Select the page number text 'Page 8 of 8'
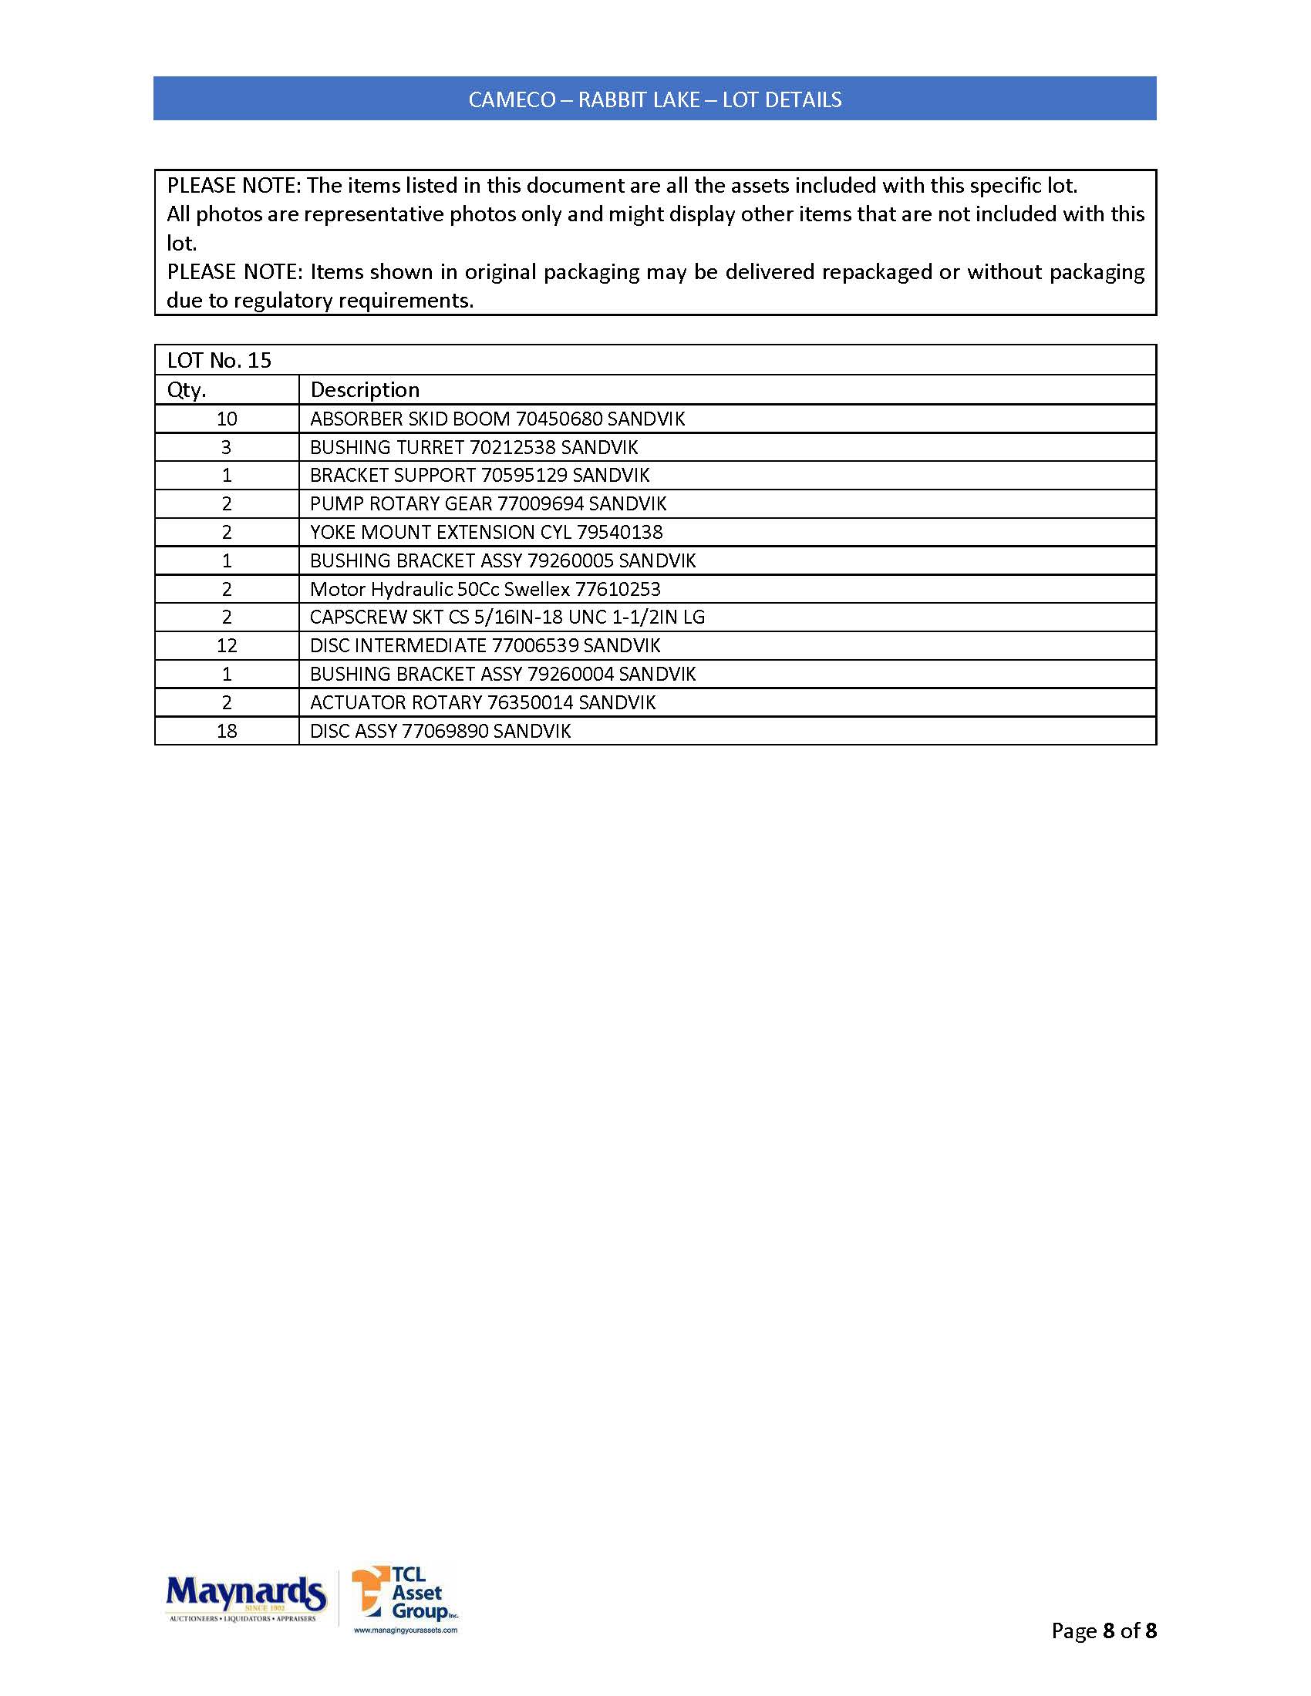click(1103, 1630)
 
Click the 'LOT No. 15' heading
click(219, 360)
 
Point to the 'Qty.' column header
click(187, 390)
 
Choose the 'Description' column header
click(364, 390)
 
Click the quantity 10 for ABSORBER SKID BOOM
click(227, 419)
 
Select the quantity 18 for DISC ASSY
click(227, 731)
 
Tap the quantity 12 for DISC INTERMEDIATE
click(227, 645)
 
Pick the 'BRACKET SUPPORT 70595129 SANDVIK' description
click(479, 475)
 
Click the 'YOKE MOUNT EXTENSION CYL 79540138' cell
click(486, 532)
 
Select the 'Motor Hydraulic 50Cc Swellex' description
click(440, 590)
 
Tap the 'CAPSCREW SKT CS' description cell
click(507, 617)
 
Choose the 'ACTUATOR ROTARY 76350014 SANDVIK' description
click(482, 703)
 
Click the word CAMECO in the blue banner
click(512, 100)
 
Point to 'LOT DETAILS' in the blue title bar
click(781, 100)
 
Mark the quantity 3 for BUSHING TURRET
click(227, 447)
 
